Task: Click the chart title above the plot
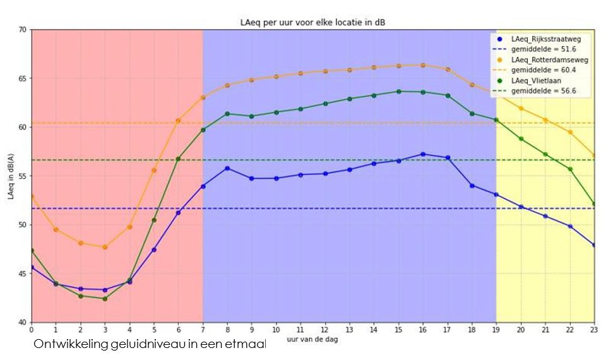[x=313, y=23]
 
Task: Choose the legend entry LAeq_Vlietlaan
[x=536, y=81]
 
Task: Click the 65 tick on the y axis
[x=23, y=78]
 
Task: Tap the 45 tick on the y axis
[x=23, y=273]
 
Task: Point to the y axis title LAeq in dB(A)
[x=11, y=176]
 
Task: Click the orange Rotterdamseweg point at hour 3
[x=105, y=247]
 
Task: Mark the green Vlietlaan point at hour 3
[x=105, y=299]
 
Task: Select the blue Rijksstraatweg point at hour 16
[x=423, y=154]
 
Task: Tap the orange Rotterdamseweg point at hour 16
[x=423, y=65]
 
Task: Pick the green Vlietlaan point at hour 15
[x=398, y=92]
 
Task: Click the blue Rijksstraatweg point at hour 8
[x=227, y=168]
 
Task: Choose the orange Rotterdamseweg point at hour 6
[x=178, y=121]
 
